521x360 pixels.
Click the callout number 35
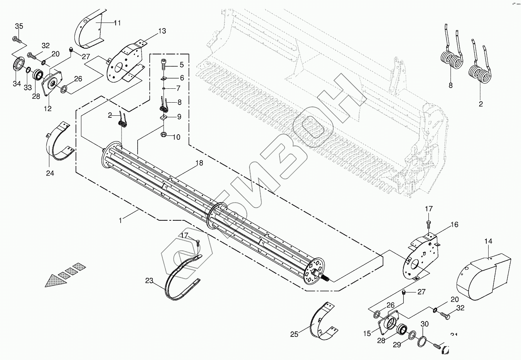19,26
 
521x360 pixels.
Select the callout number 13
162,31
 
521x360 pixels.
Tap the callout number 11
117,23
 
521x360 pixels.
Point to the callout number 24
50,173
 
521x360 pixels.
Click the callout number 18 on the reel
199,163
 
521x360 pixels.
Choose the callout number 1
121,220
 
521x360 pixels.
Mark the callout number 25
294,334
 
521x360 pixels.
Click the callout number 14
488,242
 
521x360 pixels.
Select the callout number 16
454,225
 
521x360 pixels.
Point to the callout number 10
176,137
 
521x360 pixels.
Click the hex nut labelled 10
164,135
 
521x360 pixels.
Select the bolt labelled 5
164,64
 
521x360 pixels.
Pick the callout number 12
47,109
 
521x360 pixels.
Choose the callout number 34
17,84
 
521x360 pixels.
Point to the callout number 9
179,117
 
